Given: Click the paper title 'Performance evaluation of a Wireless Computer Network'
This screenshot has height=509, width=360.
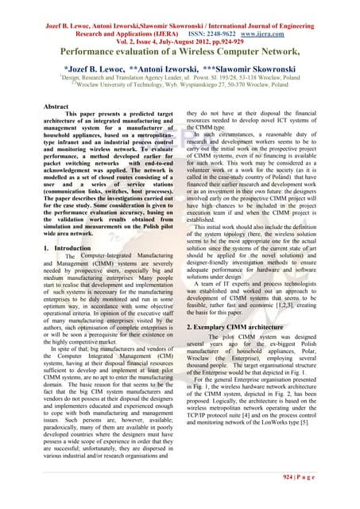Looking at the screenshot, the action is pyautogui.click(x=180, y=51).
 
